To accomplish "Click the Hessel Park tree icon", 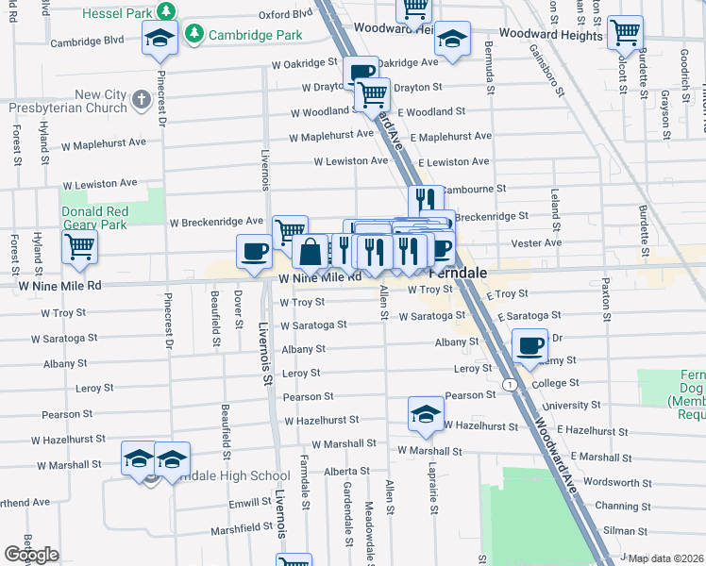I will click(166, 12).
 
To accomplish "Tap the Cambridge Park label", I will click(254, 35).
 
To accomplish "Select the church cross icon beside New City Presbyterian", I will click(141, 99).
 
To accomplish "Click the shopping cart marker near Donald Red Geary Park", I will click(80, 247).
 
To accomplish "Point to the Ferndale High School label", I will click(227, 476).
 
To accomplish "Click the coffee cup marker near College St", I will click(530, 345).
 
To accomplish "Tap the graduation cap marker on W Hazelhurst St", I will click(426, 413).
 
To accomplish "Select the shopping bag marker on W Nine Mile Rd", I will click(310, 252).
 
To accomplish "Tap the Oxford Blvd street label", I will click(285, 15).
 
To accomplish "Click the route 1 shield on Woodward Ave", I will click(509, 384).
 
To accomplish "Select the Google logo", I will click(31, 555).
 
